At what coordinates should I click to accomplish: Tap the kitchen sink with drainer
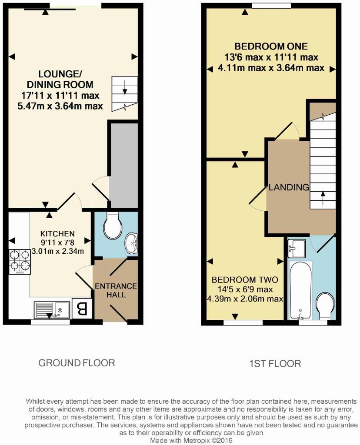point(51,310)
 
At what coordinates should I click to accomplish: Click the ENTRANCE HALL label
point(116,290)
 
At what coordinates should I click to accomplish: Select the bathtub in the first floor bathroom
point(300,290)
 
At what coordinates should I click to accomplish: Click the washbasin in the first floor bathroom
point(297,248)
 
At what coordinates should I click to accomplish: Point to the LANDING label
point(289,188)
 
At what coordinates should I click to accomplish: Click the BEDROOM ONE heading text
point(271,46)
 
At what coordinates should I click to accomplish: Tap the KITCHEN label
point(58,233)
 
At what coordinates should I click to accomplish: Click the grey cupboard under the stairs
point(123,165)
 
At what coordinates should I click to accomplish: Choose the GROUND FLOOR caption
point(77,362)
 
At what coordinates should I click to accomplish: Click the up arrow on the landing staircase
point(322,197)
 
